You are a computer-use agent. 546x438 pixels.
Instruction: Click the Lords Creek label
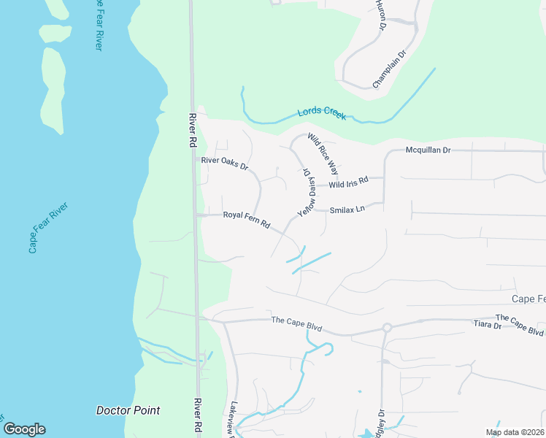click(321, 113)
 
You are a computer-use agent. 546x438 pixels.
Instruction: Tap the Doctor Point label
click(128, 410)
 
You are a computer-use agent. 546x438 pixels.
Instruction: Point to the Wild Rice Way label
click(323, 154)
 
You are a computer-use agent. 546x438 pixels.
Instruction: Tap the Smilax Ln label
click(347, 210)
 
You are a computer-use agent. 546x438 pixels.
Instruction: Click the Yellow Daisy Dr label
click(307, 192)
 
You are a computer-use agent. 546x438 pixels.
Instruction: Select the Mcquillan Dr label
click(428, 150)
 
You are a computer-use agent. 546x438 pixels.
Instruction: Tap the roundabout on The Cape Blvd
click(387, 328)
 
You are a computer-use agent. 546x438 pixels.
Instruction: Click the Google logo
click(24, 429)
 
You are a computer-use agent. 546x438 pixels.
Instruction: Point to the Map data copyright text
click(515, 432)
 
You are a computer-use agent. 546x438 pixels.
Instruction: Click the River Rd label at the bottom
click(196, 417)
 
